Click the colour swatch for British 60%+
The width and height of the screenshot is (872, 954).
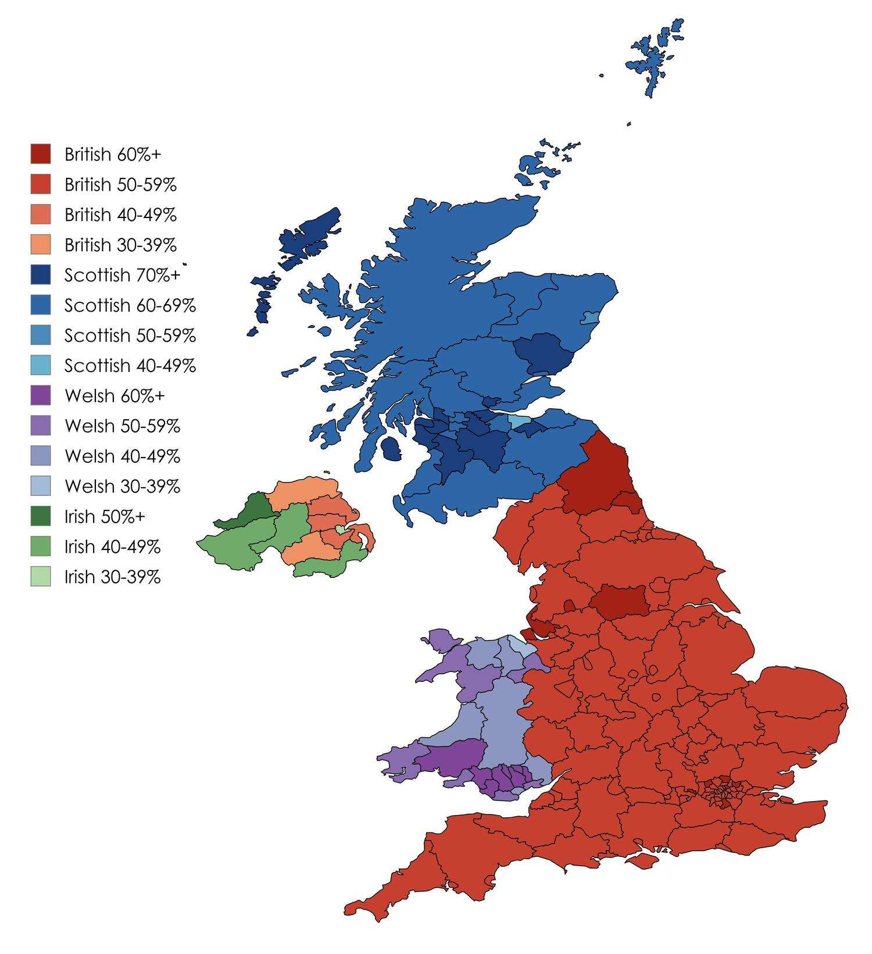point(41,154)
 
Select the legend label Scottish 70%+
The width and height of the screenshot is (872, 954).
point(122,275)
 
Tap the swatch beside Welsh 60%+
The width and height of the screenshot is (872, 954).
point(41,396)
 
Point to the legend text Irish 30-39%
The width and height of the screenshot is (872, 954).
point(112,577)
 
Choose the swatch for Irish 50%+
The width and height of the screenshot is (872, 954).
point(41,517)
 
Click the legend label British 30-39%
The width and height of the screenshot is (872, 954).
point(120,245)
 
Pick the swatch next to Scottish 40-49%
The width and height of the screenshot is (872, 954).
point(41,366)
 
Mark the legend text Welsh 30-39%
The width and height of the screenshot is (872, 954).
point(122,487)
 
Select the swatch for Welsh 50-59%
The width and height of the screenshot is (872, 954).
point(41,426)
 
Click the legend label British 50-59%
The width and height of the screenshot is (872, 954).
point(120,184)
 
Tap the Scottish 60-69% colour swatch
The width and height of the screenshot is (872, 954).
point(41,305)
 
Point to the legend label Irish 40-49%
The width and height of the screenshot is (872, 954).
point(112,547)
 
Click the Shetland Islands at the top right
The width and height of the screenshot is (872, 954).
point(654,58)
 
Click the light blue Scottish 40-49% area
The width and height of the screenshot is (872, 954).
point(516,420)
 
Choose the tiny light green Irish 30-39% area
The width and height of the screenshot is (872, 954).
point(340,528)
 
